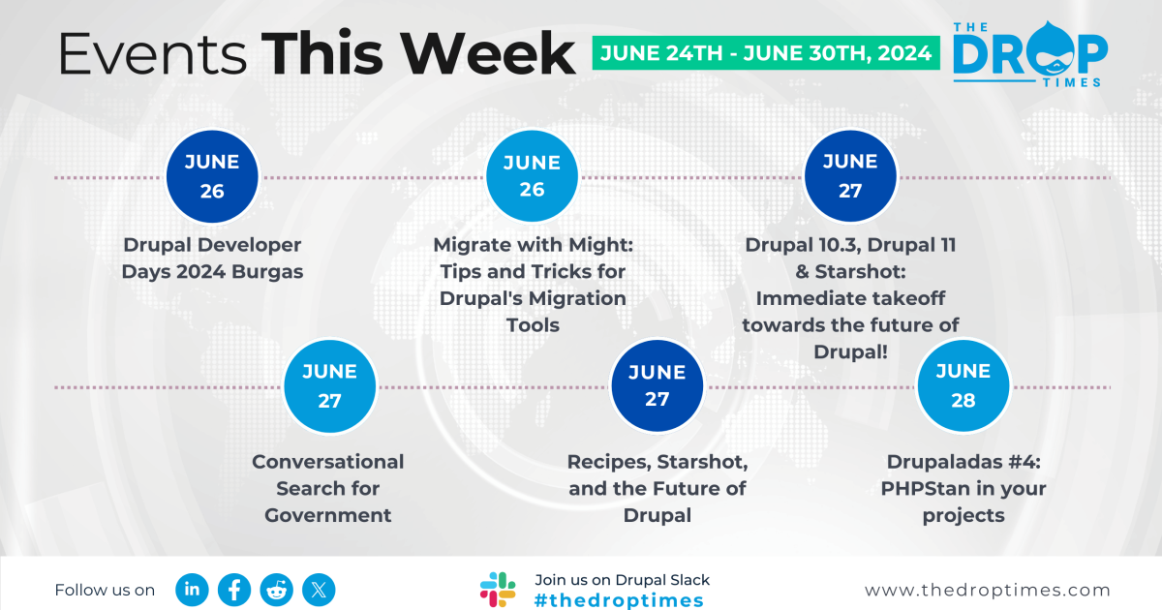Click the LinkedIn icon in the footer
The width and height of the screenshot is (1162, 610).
click(193, 589)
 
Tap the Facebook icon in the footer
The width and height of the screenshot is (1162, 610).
click(234, 589)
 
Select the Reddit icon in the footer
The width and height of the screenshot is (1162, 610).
click(277, 589)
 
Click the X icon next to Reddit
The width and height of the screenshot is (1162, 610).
click(319, 589)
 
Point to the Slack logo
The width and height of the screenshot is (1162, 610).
click(498, 590)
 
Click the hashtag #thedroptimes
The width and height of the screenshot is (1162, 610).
click(619, 600)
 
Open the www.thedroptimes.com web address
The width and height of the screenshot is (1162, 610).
click(987, 590)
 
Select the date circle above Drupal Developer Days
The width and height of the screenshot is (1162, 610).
click(212, 177)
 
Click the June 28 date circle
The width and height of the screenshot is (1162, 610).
click(963, 385)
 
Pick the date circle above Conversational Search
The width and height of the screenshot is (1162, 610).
click(329, 385)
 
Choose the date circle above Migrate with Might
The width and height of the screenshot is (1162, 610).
click(532, 177)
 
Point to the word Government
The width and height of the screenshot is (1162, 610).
click(328, 515)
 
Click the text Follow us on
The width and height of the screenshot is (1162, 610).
click(105, 590)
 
